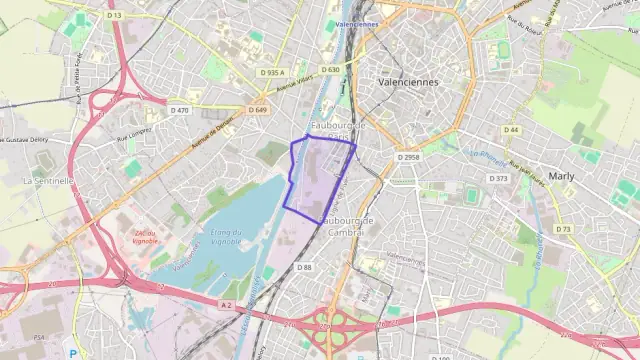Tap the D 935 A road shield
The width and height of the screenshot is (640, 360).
[271, 72]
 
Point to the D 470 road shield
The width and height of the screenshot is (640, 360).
[180, 110]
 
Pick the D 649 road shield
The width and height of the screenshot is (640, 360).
[259, 109]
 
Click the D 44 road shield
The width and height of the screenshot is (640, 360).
[512, 130]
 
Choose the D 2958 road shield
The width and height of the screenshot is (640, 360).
[407, 157]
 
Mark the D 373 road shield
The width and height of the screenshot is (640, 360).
[498, 178]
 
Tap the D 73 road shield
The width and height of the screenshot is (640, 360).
[563, 229]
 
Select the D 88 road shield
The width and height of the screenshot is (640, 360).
[305, 267]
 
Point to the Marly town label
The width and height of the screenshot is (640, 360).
[561, 174]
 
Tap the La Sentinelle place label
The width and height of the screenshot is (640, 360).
[47, 181]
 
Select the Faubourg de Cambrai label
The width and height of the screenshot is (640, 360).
[346, 225]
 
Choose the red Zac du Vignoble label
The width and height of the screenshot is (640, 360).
[146, 237]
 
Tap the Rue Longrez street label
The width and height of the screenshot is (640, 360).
[134, 131]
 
